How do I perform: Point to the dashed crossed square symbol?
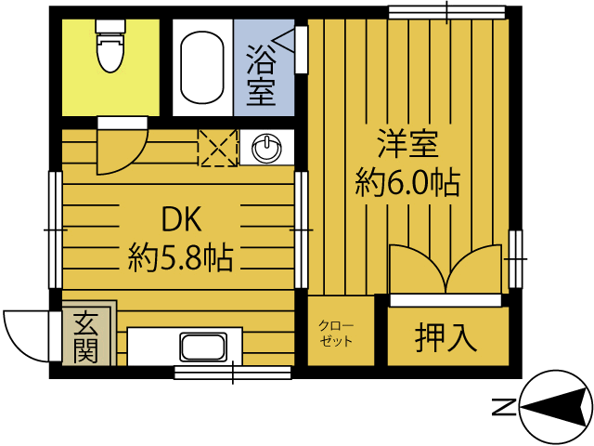(218, 148)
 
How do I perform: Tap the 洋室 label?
(407, 146)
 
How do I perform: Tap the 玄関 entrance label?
(85, 336)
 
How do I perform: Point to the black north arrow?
(556, 406)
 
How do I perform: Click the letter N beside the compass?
(503, 406)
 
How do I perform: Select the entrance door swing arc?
(25, 333)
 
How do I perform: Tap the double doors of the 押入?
(447, 270)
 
